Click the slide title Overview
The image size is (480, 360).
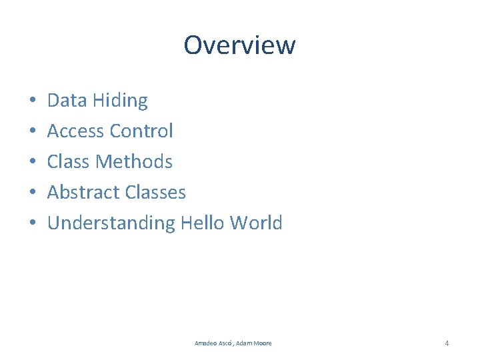click(x=239, y=45)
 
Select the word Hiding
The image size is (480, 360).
click(x=120, y=101)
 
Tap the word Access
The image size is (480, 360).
click(x=76, y=131)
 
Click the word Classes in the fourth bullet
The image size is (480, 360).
click(x=154, y=193)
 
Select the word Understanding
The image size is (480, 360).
click(x=111, y=223)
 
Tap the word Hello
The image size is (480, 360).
click(x=203, y=223)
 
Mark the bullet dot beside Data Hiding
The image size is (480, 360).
click(x=32, y=101)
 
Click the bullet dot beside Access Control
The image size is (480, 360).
click(x=32, y=132)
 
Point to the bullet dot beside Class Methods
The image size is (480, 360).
click(x=32, y=163)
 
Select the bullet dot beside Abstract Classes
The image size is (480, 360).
click(x=32, y=193)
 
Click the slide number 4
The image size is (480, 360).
click(x=447, y=343)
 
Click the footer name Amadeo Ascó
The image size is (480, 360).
click(x=213, y=343)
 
